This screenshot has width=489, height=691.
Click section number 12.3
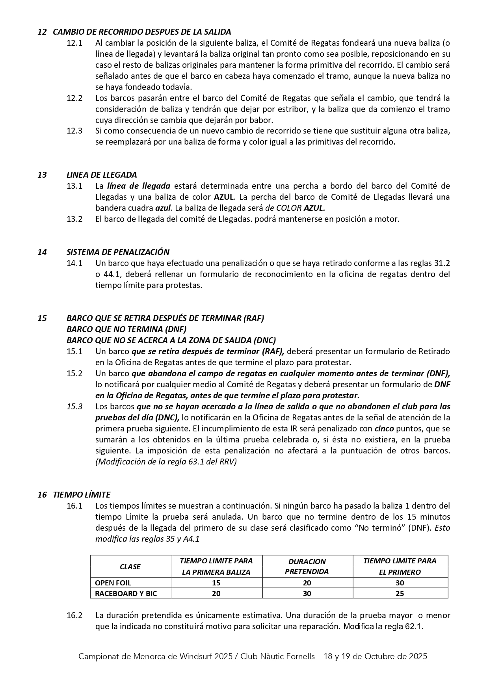[74, 131]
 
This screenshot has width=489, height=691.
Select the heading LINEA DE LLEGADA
[102, 175]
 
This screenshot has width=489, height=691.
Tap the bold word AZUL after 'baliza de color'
[224, 197]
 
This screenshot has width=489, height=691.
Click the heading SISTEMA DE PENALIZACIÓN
[118, 252]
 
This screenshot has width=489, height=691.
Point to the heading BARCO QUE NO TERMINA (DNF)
[126, 329]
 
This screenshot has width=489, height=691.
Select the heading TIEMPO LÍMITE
[82, 494]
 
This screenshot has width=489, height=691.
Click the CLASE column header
[130, 567]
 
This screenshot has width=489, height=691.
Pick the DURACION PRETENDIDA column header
[307, 567]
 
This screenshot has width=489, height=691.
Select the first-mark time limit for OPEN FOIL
[216, 583]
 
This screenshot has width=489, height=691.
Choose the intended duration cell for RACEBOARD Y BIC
[307, 593]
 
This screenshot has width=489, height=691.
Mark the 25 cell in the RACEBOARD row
[400, 593]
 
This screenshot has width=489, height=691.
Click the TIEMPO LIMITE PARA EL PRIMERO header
[400, 567]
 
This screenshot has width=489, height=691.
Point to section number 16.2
[74, 615]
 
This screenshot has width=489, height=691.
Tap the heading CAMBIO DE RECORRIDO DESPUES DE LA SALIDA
[142, 32]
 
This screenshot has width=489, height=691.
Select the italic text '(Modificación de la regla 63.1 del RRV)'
[166, 462]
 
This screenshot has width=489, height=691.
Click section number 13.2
[74, 219]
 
